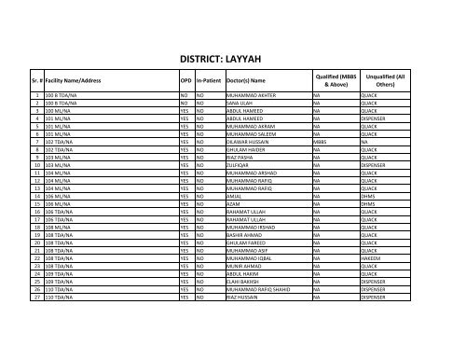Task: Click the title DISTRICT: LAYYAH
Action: [233, 56]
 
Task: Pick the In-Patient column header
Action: [208, 82]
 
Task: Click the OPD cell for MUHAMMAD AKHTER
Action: [185, 94]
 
